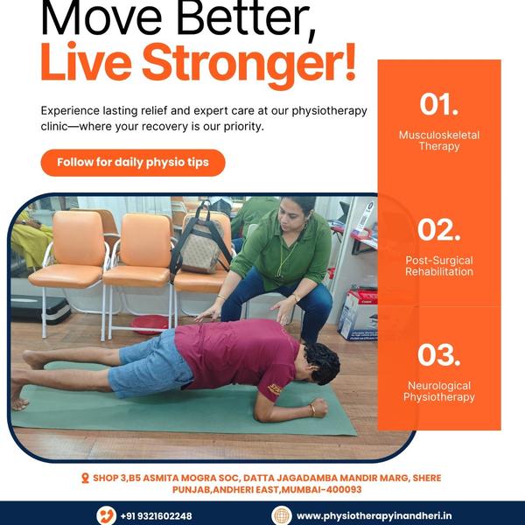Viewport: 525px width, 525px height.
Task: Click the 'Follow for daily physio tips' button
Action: [x=133, y=163]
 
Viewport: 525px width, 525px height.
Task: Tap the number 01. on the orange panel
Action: [x=439, y=104]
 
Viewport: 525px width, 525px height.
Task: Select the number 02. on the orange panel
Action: [x=439, y=229]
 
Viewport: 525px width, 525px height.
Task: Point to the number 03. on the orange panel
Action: [x=439, y=354]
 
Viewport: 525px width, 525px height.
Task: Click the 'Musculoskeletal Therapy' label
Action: [x=439, y=141]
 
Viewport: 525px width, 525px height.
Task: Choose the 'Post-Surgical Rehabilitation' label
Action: [x=439, y=266]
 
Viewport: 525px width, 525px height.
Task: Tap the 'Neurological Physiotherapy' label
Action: [x=439, y=391]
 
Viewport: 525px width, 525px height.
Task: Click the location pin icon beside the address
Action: [x=85, y=478]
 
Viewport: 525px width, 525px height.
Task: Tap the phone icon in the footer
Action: [x=107, y=515]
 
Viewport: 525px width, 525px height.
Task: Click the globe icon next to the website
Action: [x=281, y=515]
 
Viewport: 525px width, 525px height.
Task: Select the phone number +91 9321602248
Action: [x=157, y=516]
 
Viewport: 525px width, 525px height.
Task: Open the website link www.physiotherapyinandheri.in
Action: [x=374, y=516]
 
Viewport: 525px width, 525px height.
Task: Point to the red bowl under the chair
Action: [x=150, y=325]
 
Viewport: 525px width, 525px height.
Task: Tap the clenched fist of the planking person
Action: [x=319, y=407]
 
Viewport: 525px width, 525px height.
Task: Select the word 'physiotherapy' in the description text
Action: [x=330, y=111]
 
